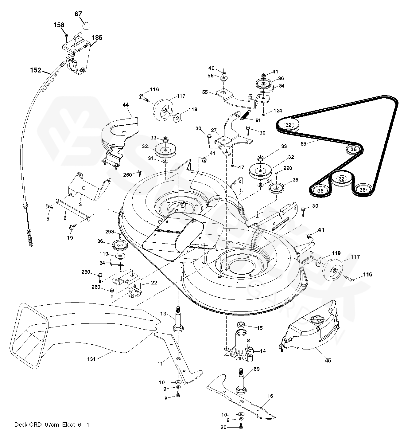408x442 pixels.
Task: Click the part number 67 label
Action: coord(78,14)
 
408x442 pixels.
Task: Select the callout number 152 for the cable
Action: coord(36,70)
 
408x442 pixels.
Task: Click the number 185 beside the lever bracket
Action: coord(97,38)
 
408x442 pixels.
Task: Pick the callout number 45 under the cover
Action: coord(328,361)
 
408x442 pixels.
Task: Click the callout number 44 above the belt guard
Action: coord(126,105)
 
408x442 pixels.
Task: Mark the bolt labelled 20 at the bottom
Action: coord(241,426)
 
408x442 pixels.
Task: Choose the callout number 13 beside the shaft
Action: coord(163,314)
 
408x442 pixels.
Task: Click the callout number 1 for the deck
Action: coord(108,211)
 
